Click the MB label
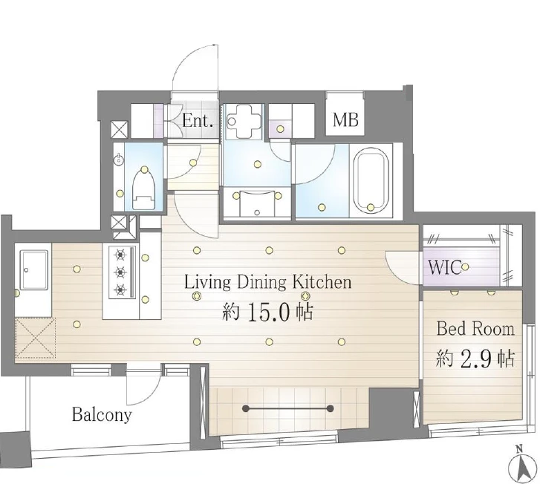(x=345, y=120)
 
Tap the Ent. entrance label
(x=198, y=120)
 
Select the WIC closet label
(x=445, y=266)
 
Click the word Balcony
(x=102, y=414)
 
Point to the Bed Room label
(x=475, y=328)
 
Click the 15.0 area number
(x=270, y=313)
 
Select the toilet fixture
(x=144, y=189)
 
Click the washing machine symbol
(x=244, y=121)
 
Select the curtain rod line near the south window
(x=287, y=408)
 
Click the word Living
(x=208, y=282)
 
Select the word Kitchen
(x=322, y=282)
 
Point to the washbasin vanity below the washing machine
(x=257, y=203)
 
